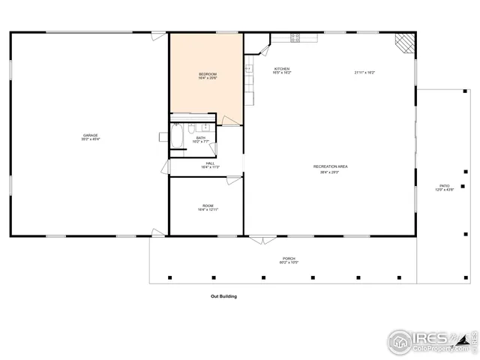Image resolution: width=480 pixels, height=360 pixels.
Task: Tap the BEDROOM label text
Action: (208, 75)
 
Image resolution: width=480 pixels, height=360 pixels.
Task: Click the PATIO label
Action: (445, 187)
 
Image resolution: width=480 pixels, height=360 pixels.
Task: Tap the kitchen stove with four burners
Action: (295, 37)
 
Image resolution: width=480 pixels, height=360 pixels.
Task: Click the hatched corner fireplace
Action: (405, 42)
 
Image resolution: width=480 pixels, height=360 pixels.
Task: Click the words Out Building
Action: (223, 296)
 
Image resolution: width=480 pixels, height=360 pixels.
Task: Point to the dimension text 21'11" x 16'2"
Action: (364, 73)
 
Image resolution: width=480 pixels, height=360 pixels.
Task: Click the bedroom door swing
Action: (233, 118)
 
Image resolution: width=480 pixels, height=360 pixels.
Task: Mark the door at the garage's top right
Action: (157, 35)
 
